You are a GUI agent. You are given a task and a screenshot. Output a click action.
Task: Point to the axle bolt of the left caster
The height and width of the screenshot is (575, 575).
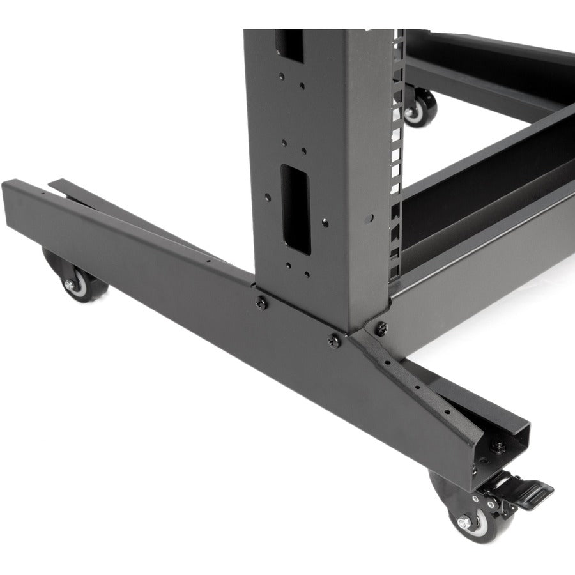(x=69, y=284)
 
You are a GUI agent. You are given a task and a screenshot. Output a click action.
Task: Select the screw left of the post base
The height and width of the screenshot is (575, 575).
(x=260, y=300)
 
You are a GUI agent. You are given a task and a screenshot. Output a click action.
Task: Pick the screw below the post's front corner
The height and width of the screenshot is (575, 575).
(x=333, y=340)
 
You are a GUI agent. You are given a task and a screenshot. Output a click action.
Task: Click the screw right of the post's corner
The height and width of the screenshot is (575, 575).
(x=381, y=328)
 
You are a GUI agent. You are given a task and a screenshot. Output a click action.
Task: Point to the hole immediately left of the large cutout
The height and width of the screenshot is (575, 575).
(x=268, y=197)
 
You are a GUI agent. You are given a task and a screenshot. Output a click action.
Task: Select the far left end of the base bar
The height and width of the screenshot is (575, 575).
(x=13, y=204)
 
